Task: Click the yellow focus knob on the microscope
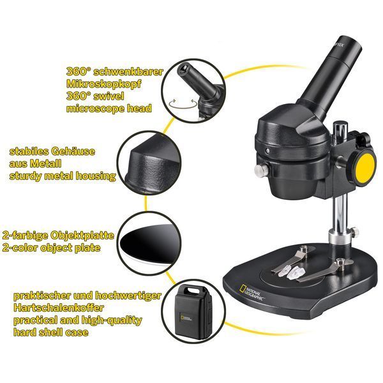(x=364, y=167)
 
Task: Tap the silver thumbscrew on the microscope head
(x=261, y=170)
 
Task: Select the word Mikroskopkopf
(x=104, y=84)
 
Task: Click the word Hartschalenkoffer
(x=59, y=308)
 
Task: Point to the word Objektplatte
(x=82, y=236)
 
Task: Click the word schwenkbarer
(x=128, y=71)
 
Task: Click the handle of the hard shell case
(x=190, y=290)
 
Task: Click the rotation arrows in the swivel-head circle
(x=183, y=103)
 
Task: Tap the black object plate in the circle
(x=149, y=243)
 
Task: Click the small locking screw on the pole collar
(x=355, y=231)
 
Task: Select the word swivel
(x=109, y=96)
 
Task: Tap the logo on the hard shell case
(x=186, y=318)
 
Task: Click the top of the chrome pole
(x=340, y=124)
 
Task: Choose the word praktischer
(x=42, y=296)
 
